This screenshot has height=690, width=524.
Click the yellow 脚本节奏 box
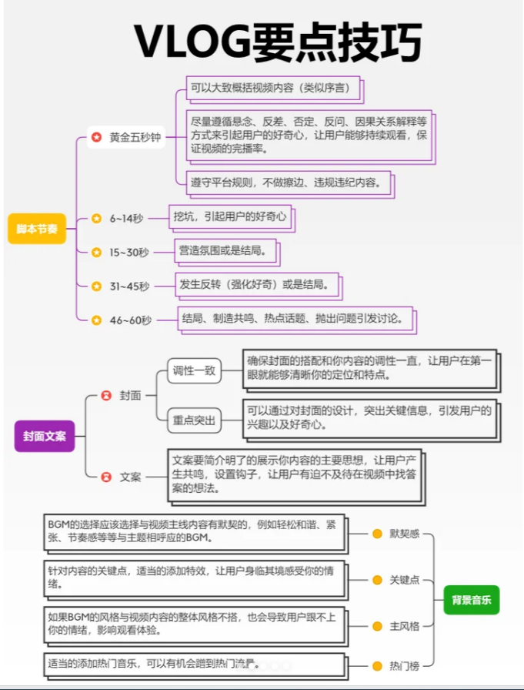pyautogui.click(x=37, y=229)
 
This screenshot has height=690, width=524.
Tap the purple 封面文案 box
pyautogui.click(x=45, y=436)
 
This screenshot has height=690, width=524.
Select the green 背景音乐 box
pyautogui.click(x=471, y=600)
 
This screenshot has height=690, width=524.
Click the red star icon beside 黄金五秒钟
pyautogui.click(x=96, y=137)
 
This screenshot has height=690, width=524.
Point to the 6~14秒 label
pyautogui.click(x=126, y=219)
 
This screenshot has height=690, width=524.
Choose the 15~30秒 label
pyautogui.click(x=129, y=253)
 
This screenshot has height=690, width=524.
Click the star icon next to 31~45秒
pyautogui.click(x=96, y=286)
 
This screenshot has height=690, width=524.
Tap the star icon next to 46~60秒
pyautogui.click(x=96, y=320)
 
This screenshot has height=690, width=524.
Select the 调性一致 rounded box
pyautogui.click(x=194, y=370)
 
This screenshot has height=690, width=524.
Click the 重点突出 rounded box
pyautogui.click(x=194, y=420)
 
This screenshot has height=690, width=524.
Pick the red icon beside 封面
pyautogui.click(x=106, y=395)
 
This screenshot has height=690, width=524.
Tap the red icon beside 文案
pyautogui.click(x=106, y=477)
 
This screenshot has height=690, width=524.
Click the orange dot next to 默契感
pyautogui.click(x=377, y=534)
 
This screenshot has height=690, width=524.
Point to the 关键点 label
pyautogui.click(x=405, y=580)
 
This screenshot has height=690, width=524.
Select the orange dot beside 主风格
pyautogui.click(x=377, y=626)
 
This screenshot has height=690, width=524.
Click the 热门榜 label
pyautogui.click(x=405, y=666)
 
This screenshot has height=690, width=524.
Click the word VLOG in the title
pyautogui.click(x=192, y=42)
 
